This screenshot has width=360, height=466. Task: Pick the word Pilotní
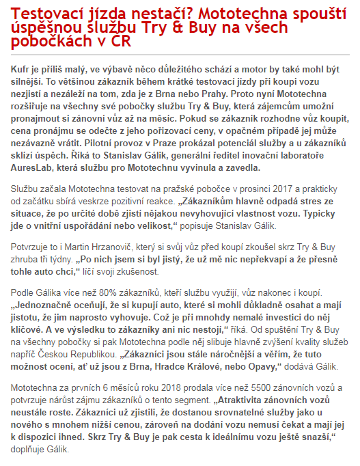tap(102, 146)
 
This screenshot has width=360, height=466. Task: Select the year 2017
tap(281, 187)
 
